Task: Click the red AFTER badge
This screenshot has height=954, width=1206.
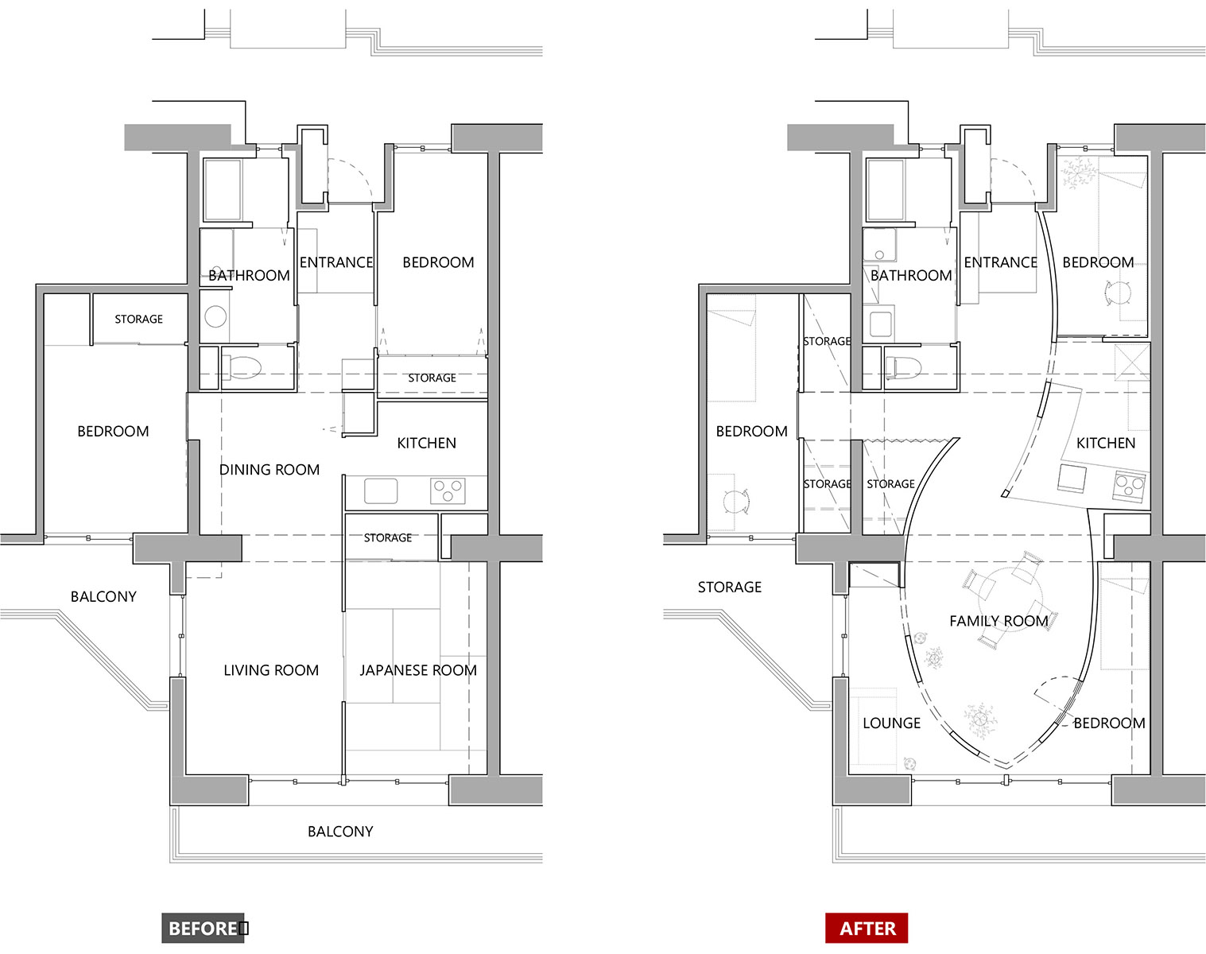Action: click(x=867, y=929)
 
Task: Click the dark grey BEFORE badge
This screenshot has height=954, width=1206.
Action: click(x=203, y=929)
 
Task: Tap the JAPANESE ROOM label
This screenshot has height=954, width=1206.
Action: click(x=418, y=670)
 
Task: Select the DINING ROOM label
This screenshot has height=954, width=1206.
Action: click(x=270, y=470)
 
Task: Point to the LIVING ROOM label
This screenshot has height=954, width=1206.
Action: click(x=271, y=670)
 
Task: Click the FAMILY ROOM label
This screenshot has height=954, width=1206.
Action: click(x=999, y=621)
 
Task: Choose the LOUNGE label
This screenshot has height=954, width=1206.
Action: click(x=892, y=723)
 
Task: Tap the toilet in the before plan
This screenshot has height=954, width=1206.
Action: click(x=242, y=368)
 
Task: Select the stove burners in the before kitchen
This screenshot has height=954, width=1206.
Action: click(x=448, y=491)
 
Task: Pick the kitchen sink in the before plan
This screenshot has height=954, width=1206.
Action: click(x=381, y=491)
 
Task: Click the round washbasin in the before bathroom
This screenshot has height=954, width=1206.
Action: click(x=215, y=316)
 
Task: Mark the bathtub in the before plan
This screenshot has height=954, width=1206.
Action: click(x=223, y=190)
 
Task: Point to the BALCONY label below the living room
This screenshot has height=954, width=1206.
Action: click(x=340, y=832)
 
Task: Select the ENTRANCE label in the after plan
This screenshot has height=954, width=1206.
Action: click(x=1000, y=262)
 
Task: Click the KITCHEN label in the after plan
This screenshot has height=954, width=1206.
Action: click(x=1106, y=444)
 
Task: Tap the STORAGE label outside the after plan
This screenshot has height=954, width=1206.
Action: click(x=730, y=588)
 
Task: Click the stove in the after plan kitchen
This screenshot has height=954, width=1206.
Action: click(x=1129, y=486)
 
